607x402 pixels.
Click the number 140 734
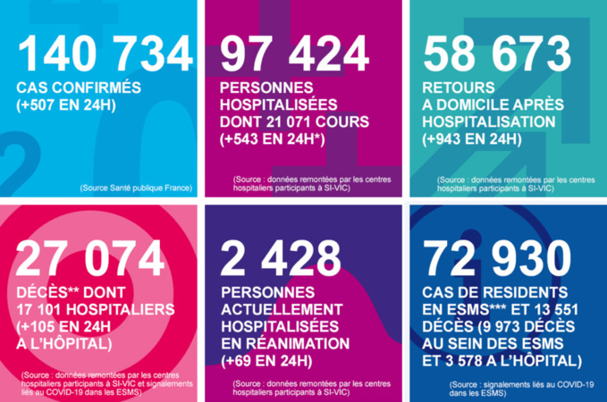(104, 54)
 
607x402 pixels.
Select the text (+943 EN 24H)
(472, 139)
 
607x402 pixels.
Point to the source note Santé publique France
(135, 188)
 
